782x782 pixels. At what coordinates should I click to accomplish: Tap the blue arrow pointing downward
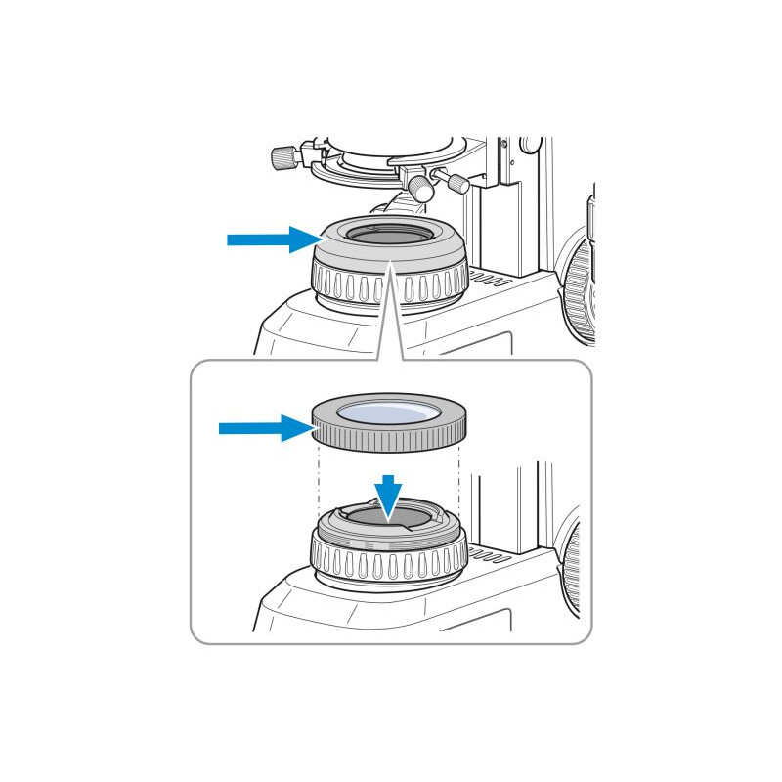[x=389, y=495]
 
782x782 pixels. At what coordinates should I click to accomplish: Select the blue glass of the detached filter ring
[x=388, y=414]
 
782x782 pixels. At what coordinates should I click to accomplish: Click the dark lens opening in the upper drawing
[x=388, y=236]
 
